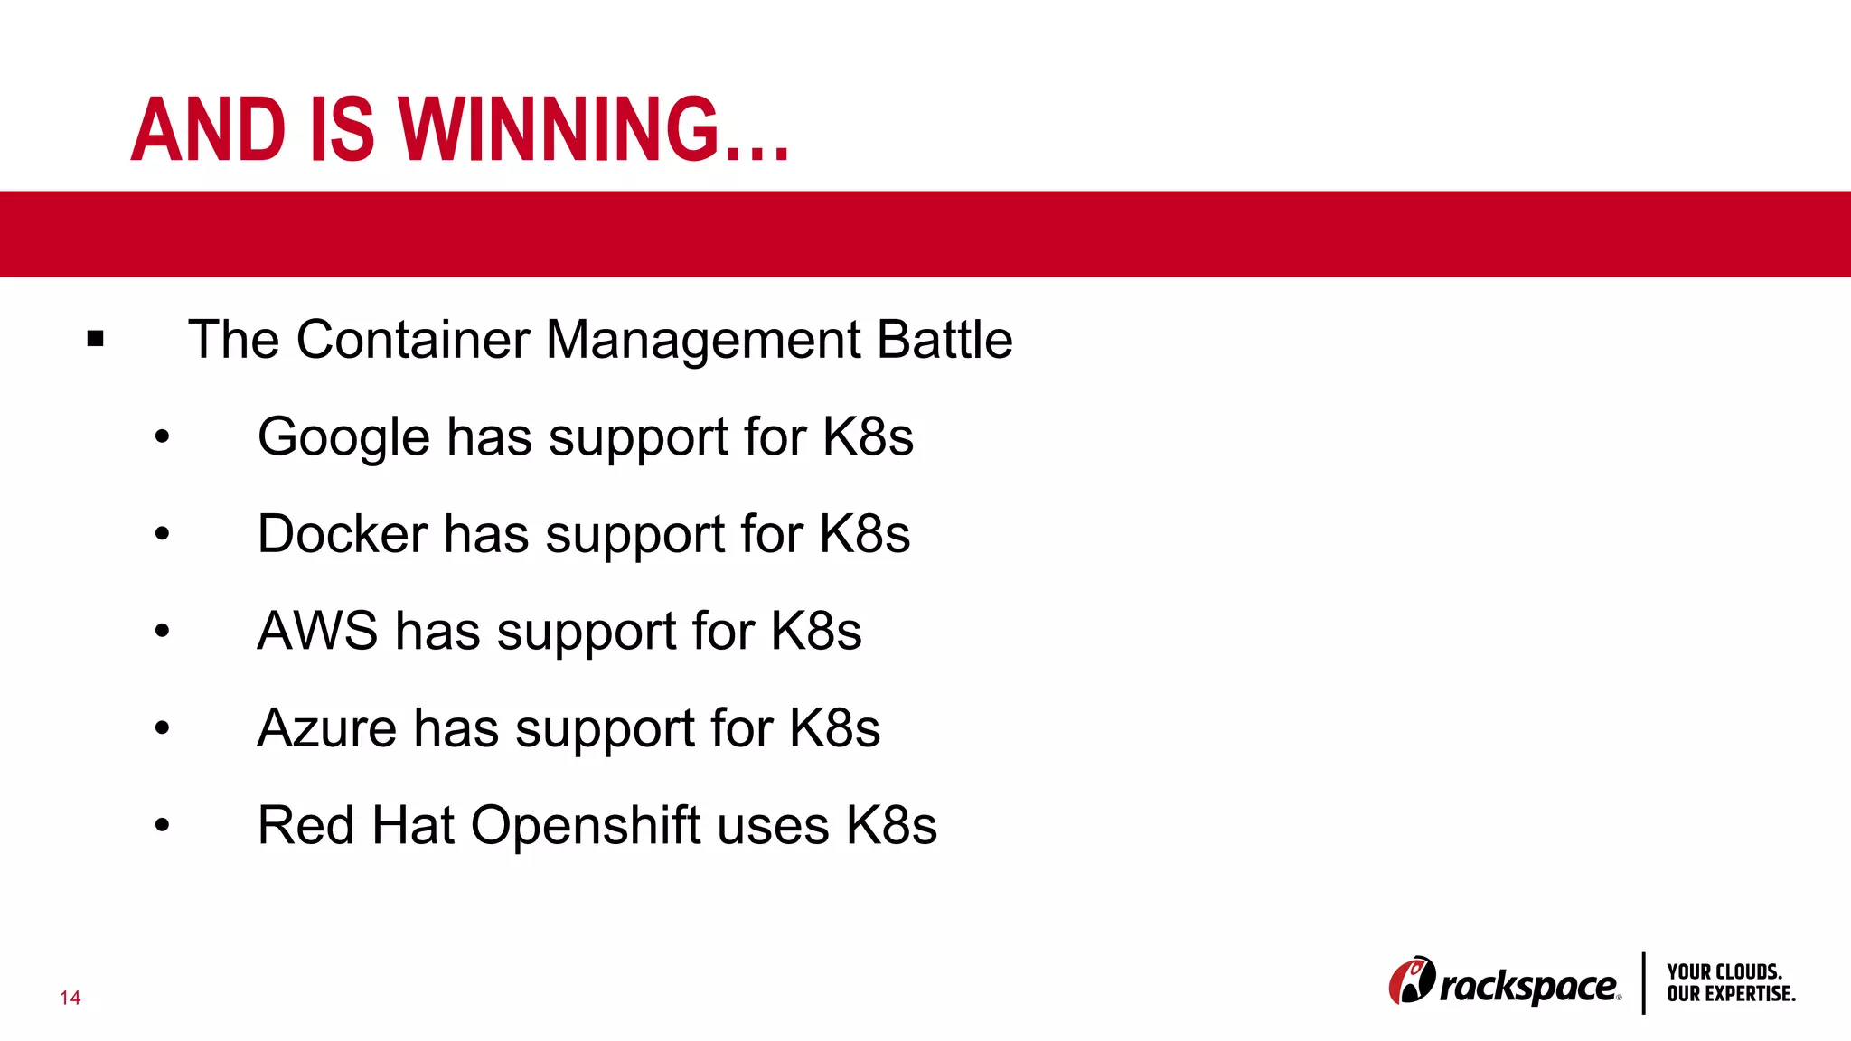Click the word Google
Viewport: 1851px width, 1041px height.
343,437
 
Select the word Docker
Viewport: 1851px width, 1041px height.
343,534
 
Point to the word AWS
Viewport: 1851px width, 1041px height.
317,631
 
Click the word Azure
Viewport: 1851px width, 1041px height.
326,727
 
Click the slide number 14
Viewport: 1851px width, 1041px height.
70,998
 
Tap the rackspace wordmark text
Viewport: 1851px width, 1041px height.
1528,986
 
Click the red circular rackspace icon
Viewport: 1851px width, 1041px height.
1411,980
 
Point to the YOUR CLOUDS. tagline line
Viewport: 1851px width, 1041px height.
1724,971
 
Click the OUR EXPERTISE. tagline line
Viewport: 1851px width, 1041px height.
1731,994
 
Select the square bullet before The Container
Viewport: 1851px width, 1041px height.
96,340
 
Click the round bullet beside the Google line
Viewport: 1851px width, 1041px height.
162,437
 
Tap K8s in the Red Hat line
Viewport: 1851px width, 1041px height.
891,825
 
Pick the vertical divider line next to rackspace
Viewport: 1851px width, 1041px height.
1643,982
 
